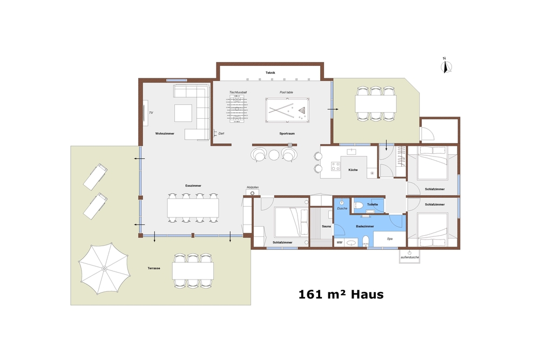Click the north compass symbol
click(446, 66)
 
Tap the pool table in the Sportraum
click(287, 110)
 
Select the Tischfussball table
click(237, 109)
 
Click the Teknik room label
click(271, 73)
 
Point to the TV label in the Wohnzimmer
click(151, 113)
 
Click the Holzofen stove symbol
click(252, 193)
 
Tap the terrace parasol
click(104, 268)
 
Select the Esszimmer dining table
click(193, 208)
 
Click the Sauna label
click(327, 226)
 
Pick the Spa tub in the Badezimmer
click(389, 239)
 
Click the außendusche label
click(410, 257)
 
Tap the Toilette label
click(372, 205)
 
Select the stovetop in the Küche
click(335, 167)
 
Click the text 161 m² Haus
click(341, 295)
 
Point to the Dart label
click(221, 133)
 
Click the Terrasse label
click(154, 268)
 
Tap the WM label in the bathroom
click(340, 242)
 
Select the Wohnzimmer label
click(165, 133)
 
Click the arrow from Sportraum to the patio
click(333, 109)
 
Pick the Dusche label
click(342, 208)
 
